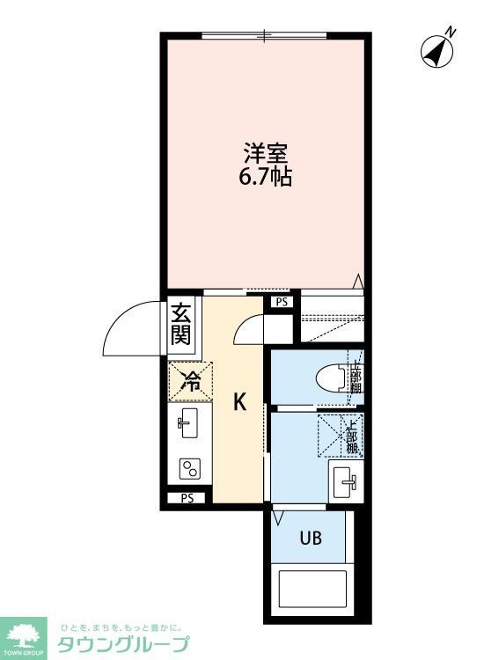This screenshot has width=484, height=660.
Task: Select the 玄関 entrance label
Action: [181, 324]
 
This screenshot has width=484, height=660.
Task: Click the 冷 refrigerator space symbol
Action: [190, 381]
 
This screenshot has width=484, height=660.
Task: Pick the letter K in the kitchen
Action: [238, 402]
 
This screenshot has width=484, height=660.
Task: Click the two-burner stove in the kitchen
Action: [188, 469]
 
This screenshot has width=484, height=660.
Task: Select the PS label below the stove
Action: [187, 498]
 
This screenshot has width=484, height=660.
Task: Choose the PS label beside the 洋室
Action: [281, 302]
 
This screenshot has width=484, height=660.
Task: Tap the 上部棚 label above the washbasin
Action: [352, 436]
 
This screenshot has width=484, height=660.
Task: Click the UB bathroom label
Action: [310, 536]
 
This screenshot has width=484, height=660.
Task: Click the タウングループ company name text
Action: [123, 644]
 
